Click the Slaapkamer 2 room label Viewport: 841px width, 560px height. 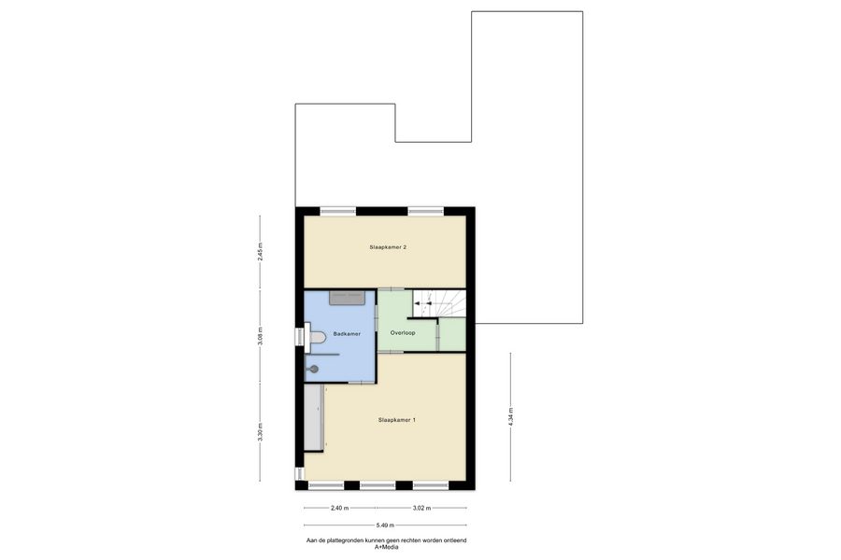pos(388,247)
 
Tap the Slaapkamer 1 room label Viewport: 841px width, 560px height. pos(397,420)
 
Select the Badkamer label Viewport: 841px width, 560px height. pos(347,334)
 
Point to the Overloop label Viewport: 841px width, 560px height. pos(403,333)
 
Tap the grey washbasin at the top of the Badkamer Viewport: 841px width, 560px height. pos(347,298)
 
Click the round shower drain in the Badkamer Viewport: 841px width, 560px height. pos(313,369)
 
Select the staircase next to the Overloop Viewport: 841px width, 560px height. pos(439,304)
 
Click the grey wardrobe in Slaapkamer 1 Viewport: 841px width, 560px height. pos(314,418)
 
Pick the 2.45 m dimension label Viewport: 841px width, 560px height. pos(260,252)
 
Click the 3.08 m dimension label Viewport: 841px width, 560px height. pos(260,337)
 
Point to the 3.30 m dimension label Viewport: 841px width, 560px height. pos(260,432)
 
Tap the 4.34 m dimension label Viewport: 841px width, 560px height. pos(510,417)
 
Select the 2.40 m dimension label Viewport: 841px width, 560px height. pos(339,508)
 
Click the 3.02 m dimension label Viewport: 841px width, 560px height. pos(421,508)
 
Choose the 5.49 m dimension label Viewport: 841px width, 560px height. pos(385,525)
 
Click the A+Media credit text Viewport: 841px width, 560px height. pos(386,547)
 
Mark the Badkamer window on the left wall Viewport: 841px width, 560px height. pos(299,337)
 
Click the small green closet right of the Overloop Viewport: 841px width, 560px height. pos(452,335)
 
